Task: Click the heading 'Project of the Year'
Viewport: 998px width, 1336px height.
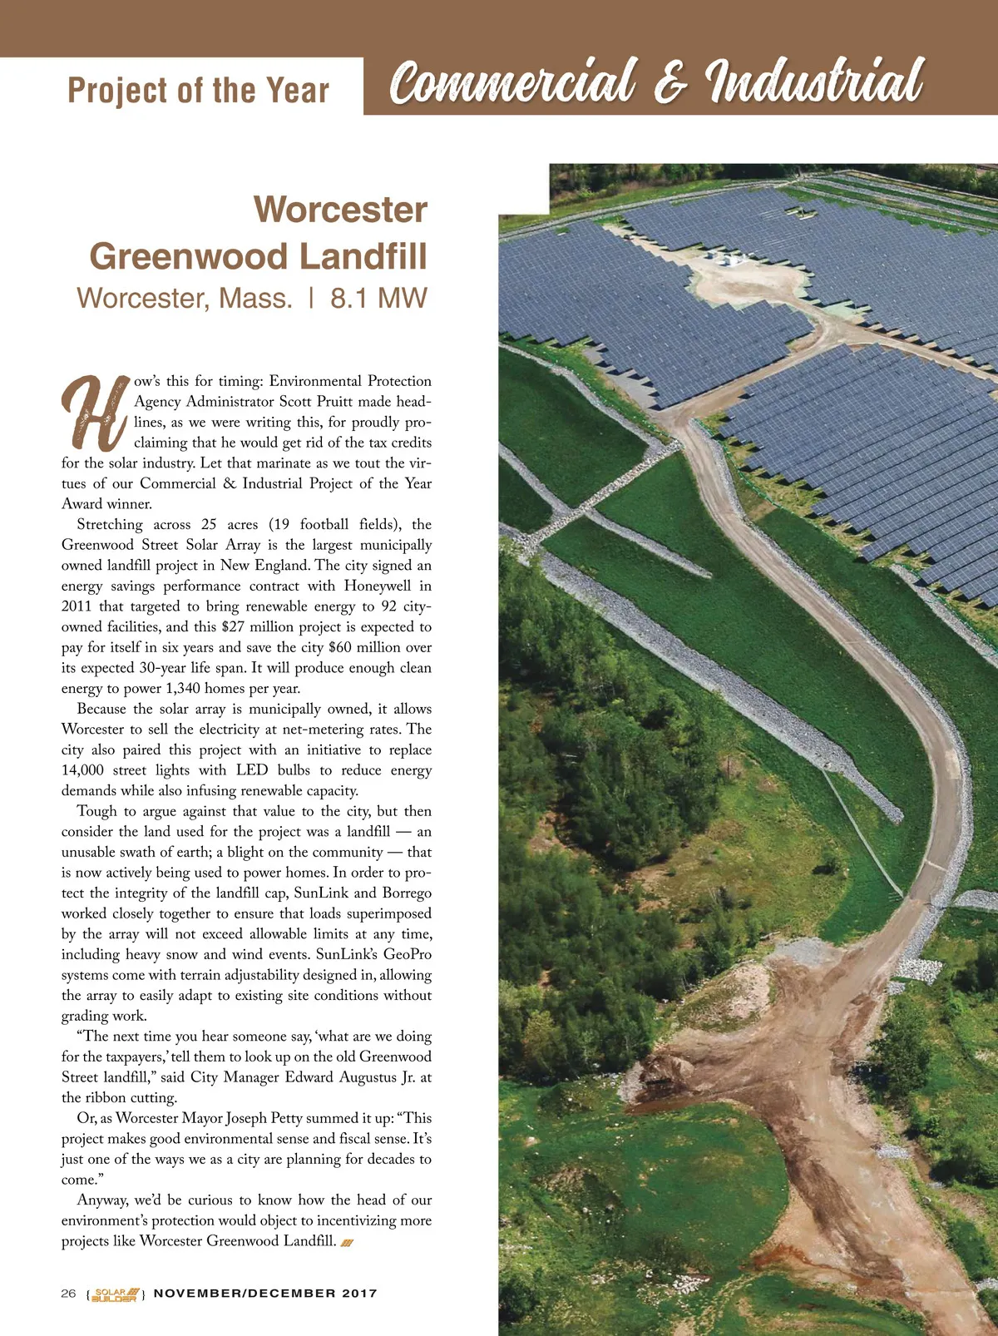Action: click(x=198, y=90)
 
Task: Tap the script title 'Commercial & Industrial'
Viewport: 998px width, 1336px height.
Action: click(x=656, y=83)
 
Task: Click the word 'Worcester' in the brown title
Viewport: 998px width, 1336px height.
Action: click(x=340, y=210)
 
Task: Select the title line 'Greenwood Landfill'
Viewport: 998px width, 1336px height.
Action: click(x=258, y=256)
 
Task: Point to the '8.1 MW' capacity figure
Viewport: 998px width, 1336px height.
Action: click(x=378, y=298)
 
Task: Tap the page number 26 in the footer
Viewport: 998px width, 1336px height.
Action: click(x=68, y=1294)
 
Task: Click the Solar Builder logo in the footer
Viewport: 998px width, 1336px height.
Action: click(x=116, y=1294)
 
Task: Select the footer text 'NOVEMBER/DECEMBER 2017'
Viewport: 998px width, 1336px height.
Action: click(x=265, y=1294)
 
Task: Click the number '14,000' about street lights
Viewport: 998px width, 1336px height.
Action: click(x=82, y=770)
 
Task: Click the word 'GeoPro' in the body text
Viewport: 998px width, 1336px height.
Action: click(x=408, y=954)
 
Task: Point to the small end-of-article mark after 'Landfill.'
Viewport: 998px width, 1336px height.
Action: click(x=348, y=1243)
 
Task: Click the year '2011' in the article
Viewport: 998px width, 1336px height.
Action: click(x=77, y=606)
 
